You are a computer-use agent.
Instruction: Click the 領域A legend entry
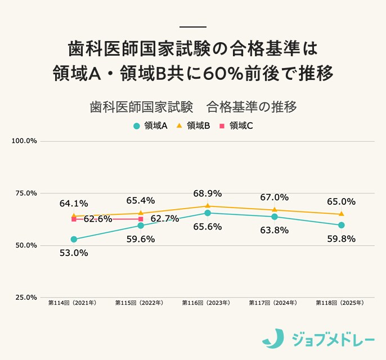coord(150,126)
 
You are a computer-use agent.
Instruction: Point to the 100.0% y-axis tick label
coord(24,141)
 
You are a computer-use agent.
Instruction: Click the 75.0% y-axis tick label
coord(26,193)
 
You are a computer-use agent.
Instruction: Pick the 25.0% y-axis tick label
coord(26,298)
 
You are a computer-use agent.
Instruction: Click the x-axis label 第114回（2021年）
coord(73,303)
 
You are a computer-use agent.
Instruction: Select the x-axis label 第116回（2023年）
coord(207,303)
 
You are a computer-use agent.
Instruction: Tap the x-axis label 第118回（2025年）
coord(341,303)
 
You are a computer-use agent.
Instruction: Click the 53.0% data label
coord(74,253)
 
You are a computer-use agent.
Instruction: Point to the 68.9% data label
coord(208,193)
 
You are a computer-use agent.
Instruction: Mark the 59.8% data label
coord(341,238)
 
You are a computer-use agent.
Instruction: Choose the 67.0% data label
coord(275,197)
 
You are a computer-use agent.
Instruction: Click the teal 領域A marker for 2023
coord(208,213)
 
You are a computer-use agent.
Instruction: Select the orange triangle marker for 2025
coord(342,214)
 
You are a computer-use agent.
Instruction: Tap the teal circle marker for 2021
coord(74,239)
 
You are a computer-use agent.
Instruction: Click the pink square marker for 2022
coord(141,219)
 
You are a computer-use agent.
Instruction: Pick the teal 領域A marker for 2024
coord(275,217)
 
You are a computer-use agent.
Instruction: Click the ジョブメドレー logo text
coord(333,339)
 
